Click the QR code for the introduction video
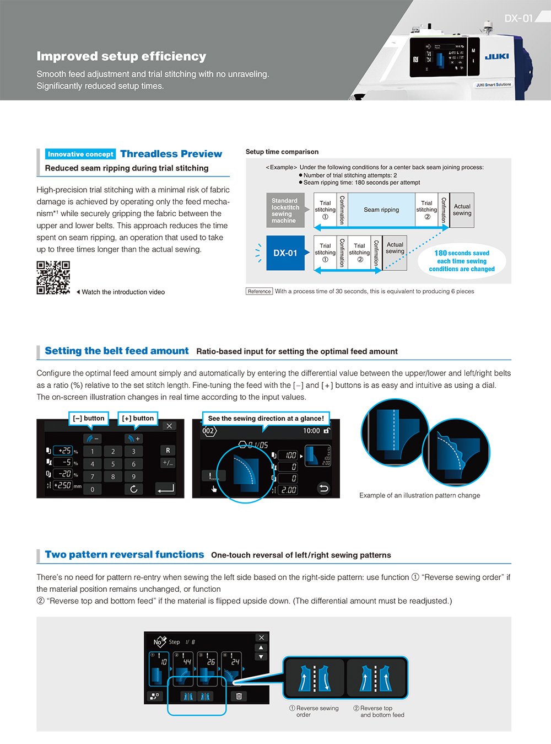[x=53, y=277]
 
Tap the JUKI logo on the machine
[x=496, y=56]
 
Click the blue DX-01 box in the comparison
[x=285, y=253]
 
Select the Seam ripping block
[x=381, y=210]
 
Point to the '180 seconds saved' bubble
[x=462, y=261]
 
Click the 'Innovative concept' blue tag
[x=80, y=154]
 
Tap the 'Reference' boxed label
[x=259, y=291]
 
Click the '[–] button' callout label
[x=88, y=419]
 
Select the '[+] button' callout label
[x=138, y=419]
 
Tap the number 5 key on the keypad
[x=113, y=464]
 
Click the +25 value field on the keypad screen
[x=64, y=451]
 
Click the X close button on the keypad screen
[x=169, y=426]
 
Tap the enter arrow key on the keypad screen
[x=165, y=489]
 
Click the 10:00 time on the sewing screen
[x=311, y=431]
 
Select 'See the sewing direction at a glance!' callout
[x=266, y=419]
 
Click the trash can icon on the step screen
[x=239, y=696]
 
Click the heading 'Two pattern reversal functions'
[x=125, y=555]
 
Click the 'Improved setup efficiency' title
[x=121, y=56]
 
